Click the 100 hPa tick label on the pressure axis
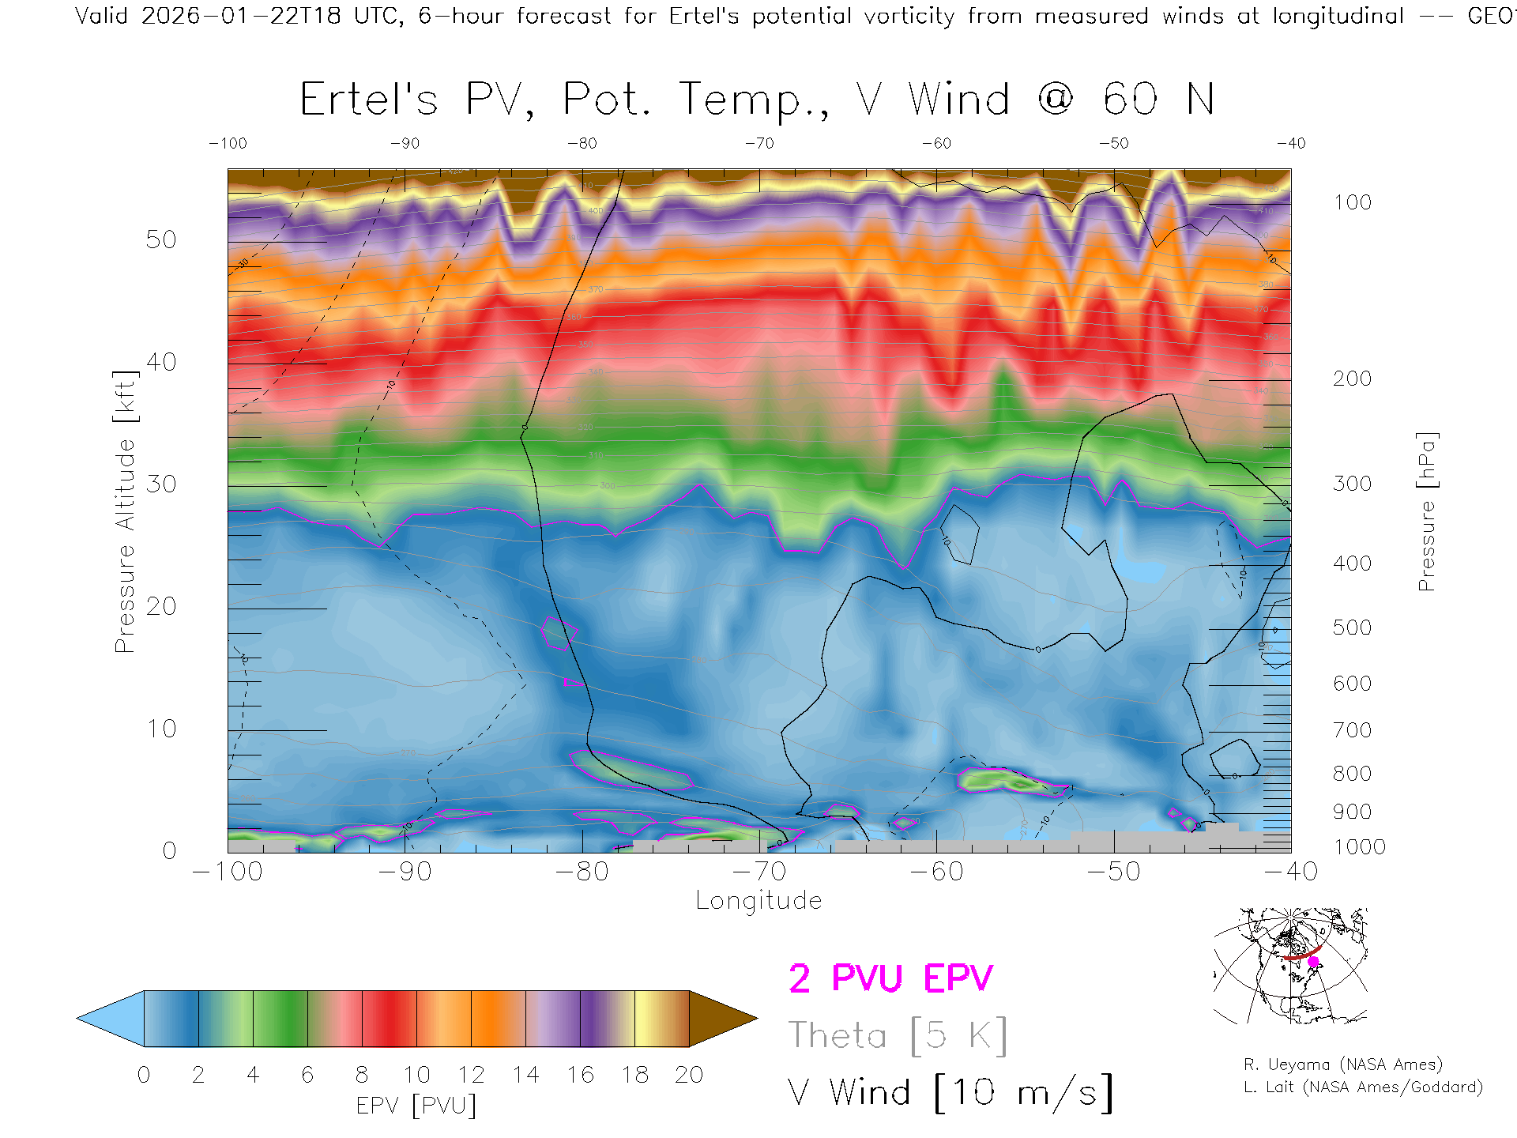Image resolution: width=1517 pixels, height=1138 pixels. pos(1352,202)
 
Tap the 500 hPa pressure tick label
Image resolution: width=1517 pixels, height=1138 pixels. pos(1352,627)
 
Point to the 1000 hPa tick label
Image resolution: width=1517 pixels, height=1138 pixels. pos(1359,847)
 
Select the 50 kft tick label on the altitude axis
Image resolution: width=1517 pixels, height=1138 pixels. pos(160,239)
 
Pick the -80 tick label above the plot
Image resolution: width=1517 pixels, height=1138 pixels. pos(582,144)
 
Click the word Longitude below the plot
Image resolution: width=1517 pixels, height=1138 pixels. pos(758,900)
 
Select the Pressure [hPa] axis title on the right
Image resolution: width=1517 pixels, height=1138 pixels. pos(1426,511)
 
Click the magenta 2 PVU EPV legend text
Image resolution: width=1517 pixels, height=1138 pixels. pos(890,978)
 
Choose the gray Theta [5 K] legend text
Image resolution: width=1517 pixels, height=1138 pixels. pos(898,1035)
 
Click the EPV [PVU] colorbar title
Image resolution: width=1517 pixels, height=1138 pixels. pos(416,1105)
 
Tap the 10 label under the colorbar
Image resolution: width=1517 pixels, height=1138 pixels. pos(416,1075)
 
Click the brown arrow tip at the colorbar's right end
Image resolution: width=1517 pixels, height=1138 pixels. pos(723,1019)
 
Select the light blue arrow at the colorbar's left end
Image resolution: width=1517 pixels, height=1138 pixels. pos(111,1019)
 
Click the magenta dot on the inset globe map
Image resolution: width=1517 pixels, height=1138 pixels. pos(1313,962)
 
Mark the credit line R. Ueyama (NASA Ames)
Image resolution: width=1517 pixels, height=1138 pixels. pos(1343,1065)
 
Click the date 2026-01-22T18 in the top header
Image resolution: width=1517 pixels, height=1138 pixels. pos(241,16)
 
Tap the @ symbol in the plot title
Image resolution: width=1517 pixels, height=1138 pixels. pos(1056,100)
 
